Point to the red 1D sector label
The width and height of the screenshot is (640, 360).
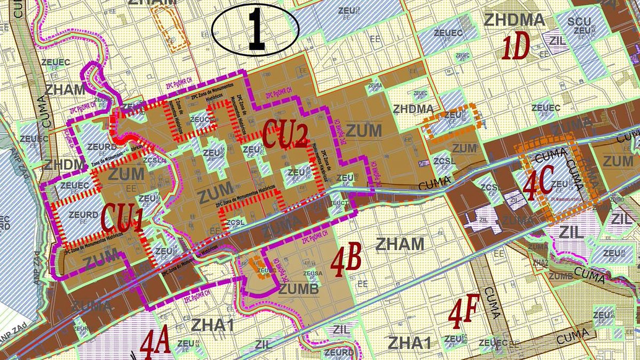(x=515, y=47)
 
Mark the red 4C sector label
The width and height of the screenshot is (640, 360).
(x=538, y=183)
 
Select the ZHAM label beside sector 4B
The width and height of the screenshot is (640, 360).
(x=400, y=245)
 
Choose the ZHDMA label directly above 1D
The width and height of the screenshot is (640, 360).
(x=514, y=20)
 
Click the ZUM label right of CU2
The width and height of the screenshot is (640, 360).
(x=364, y=130)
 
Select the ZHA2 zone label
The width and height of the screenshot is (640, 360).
(x=540, y=262)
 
